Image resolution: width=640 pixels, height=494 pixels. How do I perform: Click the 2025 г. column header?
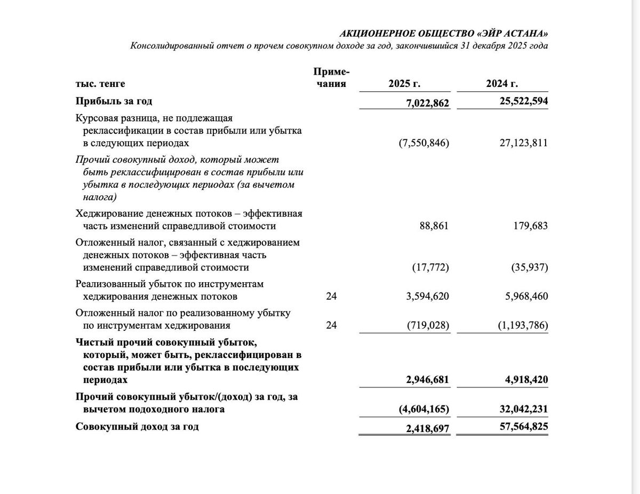404,84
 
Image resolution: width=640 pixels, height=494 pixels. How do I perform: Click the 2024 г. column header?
502,84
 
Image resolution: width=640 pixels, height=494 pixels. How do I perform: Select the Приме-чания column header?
331,78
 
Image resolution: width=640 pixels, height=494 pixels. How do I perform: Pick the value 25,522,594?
524,101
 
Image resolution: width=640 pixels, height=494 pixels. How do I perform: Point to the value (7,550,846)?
423,143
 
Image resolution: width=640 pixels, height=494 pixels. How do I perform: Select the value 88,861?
434,226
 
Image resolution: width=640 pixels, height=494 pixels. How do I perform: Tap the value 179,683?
530,226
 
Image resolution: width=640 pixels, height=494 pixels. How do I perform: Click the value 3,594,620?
427,296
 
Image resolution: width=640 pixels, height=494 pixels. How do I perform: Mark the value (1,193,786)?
523,325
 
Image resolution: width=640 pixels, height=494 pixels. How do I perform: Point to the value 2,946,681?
428,380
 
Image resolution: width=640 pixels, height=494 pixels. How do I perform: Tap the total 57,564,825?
524,427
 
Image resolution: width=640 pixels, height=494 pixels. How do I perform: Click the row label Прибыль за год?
114,101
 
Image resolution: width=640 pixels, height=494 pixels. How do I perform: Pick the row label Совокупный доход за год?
137,427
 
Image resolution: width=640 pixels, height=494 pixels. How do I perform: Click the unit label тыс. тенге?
100,84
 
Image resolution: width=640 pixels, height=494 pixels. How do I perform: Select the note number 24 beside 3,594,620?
332,296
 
